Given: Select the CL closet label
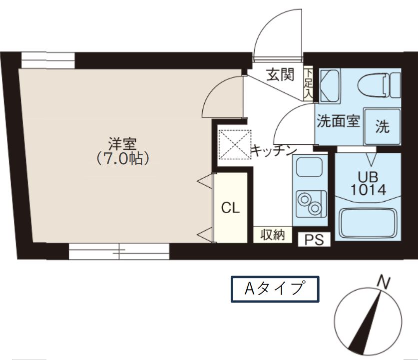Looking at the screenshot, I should coord(230,208).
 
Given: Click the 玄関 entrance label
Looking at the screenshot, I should coord(279,75).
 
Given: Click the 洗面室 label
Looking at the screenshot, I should coord(338,122).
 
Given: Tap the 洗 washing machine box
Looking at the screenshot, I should coord(382,127).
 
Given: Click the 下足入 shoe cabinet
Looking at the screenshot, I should coord(309,84).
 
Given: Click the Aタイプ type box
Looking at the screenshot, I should coord(274,289).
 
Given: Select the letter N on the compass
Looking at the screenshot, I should coord(383,282).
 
